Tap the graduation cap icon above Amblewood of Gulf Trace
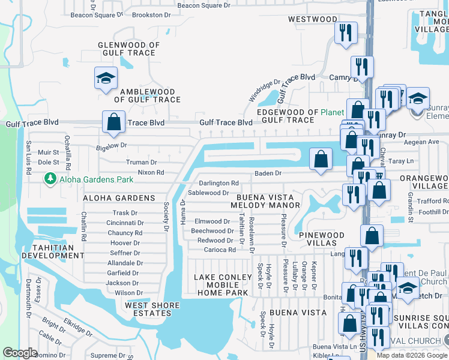(x=106, y=79)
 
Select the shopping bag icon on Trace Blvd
(x=113, y=122)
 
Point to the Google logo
(x=20, y=353)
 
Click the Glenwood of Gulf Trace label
(x=128, y=49)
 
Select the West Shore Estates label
(x=152, y=309)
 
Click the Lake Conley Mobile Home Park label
(x=221, y=285)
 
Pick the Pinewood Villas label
(x=322, y=240)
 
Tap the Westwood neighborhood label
(x=313, y=19)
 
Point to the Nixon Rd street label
(x=151, y=173)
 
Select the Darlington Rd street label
(x=219, y=183)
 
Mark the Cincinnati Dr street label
(x=125, y=223)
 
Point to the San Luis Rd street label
(x=28, y=159)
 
